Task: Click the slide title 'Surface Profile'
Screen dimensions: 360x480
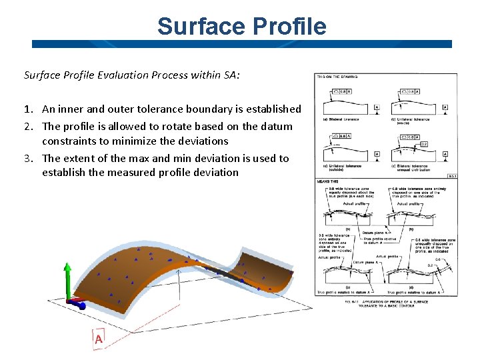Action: pyautogui.click(x=242, y=26)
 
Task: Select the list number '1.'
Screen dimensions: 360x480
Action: pyautogui.click(x=30, y=109)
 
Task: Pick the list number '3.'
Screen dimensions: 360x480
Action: pyautogui.click(x=30, y=158)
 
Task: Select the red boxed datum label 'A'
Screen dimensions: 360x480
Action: pyautogui.click(x=99, y=339)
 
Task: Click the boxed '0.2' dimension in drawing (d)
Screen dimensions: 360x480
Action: pyautogui.click(x=424, y=144)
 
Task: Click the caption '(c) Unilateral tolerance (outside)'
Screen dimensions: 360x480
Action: pyautogui.click(x=344, y=168)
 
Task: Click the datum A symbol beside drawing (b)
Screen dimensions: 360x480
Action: pyautogui.click(x=445, y=107)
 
